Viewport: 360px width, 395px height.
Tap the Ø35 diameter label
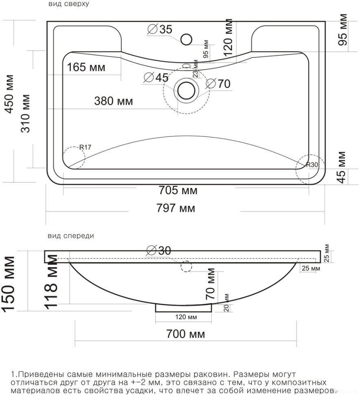point(160,29)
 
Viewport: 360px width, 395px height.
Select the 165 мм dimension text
point(86,67)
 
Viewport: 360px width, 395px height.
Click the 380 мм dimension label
point(113,101)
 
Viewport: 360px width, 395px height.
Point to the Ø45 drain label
point(156,77)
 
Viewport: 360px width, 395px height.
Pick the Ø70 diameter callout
point(218,83)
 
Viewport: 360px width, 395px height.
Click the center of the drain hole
point(186,90)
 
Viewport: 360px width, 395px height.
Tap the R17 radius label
point(85,147)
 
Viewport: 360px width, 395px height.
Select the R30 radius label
point(312,165)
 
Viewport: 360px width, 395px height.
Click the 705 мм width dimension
point(178,190)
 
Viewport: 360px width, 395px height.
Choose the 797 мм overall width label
point(176,208)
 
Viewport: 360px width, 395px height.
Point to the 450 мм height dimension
point(9,94)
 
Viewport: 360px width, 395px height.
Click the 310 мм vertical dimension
point(25,114)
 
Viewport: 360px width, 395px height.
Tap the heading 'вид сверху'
point(68,4)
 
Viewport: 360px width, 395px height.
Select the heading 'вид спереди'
point(71,236)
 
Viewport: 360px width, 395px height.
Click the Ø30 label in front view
point(159,250)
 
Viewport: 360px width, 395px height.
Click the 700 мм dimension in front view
point(186,334)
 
